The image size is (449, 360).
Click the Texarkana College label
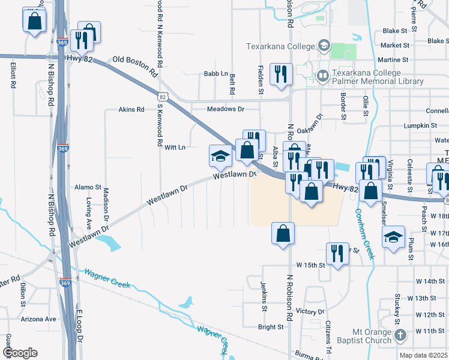pyautogui.click(x=280, y=46)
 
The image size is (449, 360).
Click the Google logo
pyautogui.click(x=20, y=353)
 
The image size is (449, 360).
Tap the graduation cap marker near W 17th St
pyautogui.click(x=393, y=238)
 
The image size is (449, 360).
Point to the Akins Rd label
pyautogui.click(x=131, y=110)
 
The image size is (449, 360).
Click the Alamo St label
pyautogui.click(x=88, y=187)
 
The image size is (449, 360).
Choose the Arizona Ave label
pyautogui.click(x=38, y=319)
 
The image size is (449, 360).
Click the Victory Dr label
pyautogui.click(x=310, y=311)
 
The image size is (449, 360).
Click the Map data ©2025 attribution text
pyautogui.click(x=423, y=355)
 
